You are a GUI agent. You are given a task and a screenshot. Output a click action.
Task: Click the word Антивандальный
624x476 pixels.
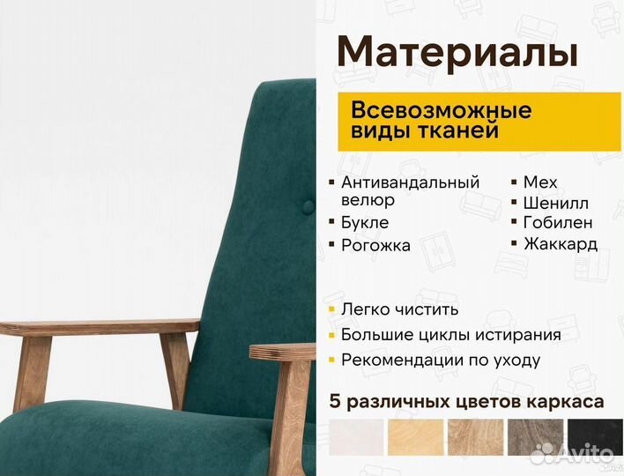coord(410,182)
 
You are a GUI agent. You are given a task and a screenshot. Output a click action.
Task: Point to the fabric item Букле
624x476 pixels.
coord(365,223)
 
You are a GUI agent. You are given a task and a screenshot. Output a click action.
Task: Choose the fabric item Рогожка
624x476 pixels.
coord(375,246)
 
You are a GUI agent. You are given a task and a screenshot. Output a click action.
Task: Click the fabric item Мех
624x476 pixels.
coord(540,182)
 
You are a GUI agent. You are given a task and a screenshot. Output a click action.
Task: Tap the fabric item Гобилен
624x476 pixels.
coord(558,223)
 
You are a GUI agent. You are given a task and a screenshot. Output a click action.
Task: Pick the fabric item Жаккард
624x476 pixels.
coord(561,244)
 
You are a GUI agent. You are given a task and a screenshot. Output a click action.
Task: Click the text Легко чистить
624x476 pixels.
coord(399,309)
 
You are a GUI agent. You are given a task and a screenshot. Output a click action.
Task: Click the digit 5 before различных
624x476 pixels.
coord(334,402)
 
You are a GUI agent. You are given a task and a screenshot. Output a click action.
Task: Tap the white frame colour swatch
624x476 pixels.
coord(356,436)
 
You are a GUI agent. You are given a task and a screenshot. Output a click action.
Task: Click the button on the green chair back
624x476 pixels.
coord(308,207)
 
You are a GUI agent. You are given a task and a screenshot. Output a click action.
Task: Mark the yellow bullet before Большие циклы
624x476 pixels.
coord(331,335)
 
